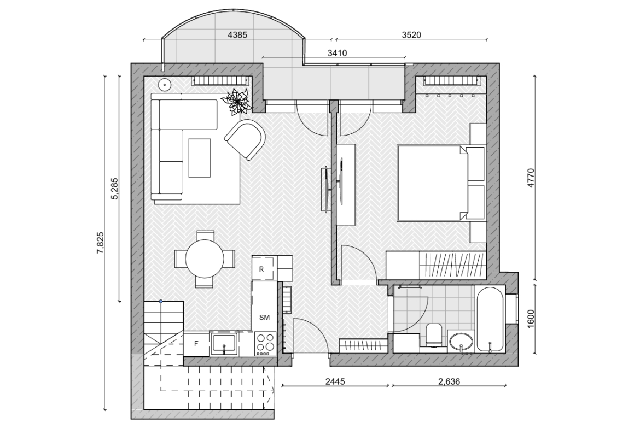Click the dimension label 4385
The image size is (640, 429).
click(237, 34)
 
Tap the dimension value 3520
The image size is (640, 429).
click(411, 34)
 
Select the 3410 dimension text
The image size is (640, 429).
click(337, 53)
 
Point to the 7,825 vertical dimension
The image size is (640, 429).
click(101, 243)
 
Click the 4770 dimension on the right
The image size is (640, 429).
click(531, 178)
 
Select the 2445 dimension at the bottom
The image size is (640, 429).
click(335, 381)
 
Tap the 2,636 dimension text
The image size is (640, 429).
click(449, 381)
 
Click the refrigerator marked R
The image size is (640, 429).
click(264, 268)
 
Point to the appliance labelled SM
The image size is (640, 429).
click(265, 306)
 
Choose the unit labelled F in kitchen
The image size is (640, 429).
click(196, 344)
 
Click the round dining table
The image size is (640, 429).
click(205, 258)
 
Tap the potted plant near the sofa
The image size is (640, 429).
click(236, 100)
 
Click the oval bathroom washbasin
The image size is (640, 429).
click(461, 342)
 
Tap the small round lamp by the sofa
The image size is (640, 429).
click(165, 84)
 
